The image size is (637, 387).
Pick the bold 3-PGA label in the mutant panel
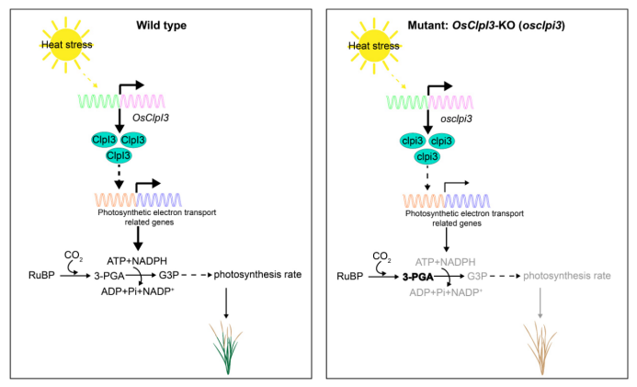pyautogui.click(x=418, y=275)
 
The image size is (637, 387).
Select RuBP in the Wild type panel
pyautogui.click(x=40, y=275)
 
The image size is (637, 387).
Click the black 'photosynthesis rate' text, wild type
pyautogui.click(x=265, y=275)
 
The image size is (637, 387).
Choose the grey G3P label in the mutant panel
pyautogui.click(x=478, y=275)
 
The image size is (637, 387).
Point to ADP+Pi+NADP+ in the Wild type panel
pyautogui.click(x=139, y=291)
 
